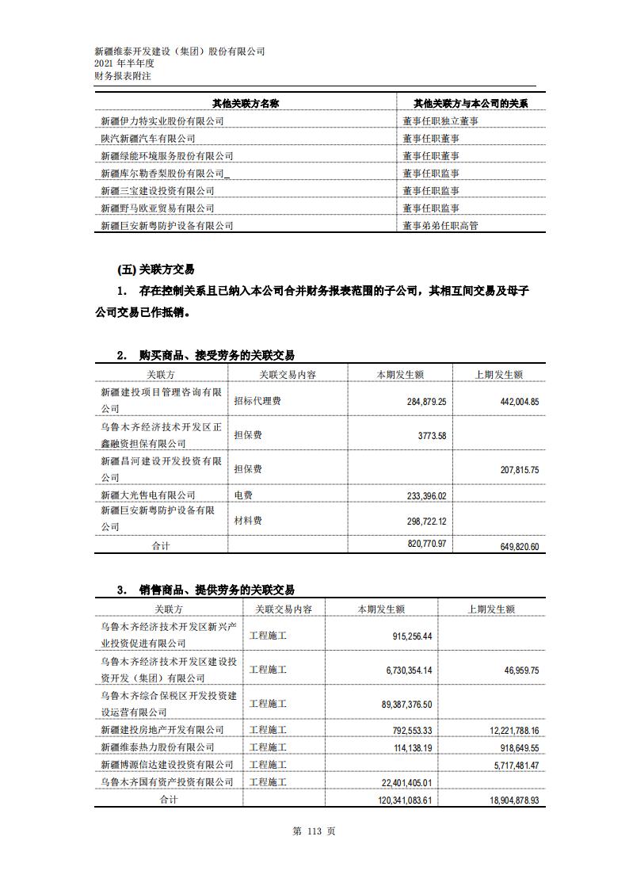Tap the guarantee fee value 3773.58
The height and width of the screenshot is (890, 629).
pos(426,435)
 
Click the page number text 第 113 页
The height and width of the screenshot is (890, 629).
pos(314,831)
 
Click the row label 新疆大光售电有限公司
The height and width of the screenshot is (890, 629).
pos(148,495)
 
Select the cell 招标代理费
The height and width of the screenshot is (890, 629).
pos(257,402)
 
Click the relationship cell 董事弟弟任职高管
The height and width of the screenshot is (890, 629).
pos(440,226)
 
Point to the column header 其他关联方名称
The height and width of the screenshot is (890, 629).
pos(246,104)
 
